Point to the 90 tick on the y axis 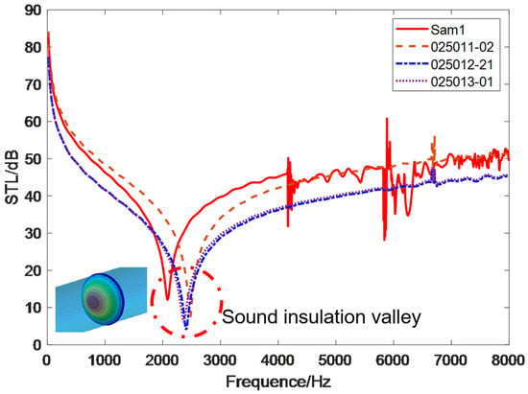pyautogui.click(x=33, y=11)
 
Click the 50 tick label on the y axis pyautogui.click(x=33, y=159)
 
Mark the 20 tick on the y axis pyautogui.click(x=33, y=270)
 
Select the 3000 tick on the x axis pyautogui.click(x=220, y=360)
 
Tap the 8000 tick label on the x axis pyautogui.click(x=509, y=360)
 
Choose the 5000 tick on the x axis pyautogui.click(x=336, y=360)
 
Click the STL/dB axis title pyautogui.click(x=12, y=177)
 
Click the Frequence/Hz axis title pyautogui.click(x=278, y=382)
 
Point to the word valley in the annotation pyautogui.click(x=395, y=317)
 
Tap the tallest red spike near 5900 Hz pyautogui.click(x=387, y=118)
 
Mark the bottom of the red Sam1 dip pyautogui.click(x=167, y=299)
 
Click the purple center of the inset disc pyautogui.click(x=94, y=302)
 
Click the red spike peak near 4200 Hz pyautogui.click(x=288, y=157)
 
